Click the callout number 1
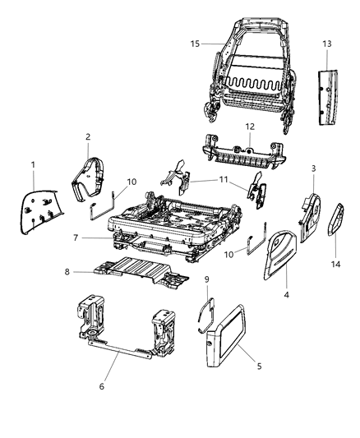33,166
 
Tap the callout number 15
195,44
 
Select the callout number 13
327,44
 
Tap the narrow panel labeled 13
327,81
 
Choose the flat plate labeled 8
136,272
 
